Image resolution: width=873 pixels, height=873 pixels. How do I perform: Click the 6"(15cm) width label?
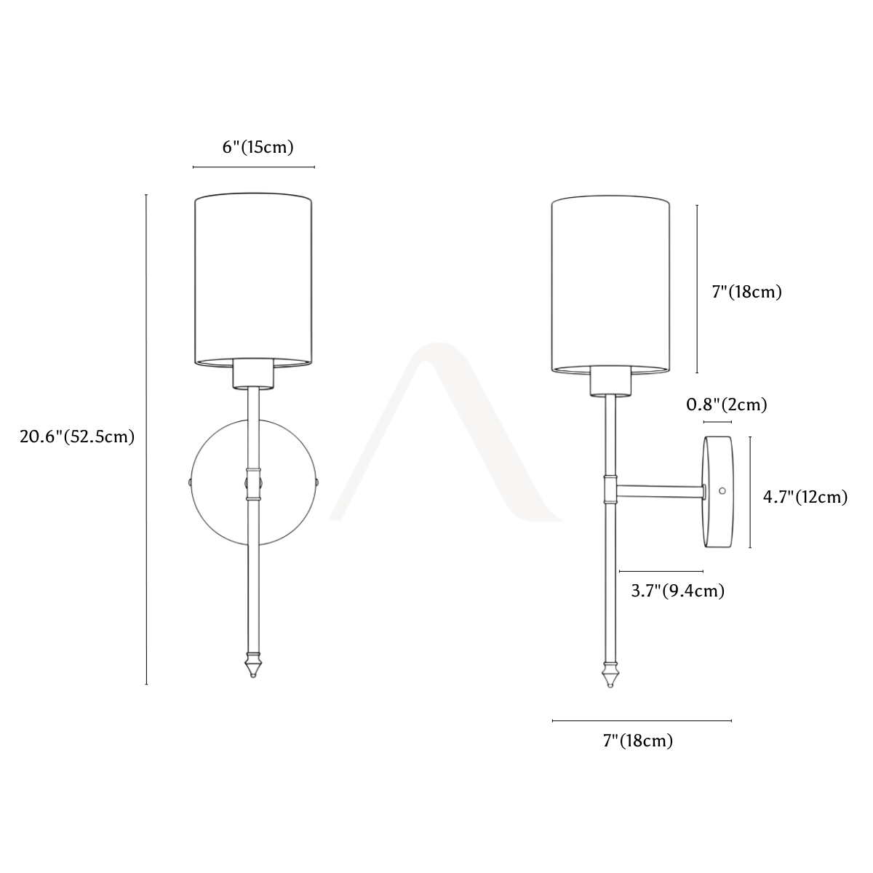coord(258,147)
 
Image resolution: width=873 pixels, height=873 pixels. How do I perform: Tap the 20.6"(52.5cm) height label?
coord(77,436)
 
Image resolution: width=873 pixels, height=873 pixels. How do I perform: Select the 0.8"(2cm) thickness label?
coord(727,404)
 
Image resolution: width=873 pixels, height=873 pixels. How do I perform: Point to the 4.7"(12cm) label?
coord(805,497)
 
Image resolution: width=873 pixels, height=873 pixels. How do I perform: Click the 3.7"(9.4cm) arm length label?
coord(678,591)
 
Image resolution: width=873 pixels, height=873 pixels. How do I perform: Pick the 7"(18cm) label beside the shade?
coord(747,292)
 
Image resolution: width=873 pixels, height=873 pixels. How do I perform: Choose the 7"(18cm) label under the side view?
coord(638,741)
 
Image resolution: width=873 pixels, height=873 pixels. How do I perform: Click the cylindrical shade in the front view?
coord(253,281)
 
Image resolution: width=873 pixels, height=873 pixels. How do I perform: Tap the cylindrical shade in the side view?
coord(610,284)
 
